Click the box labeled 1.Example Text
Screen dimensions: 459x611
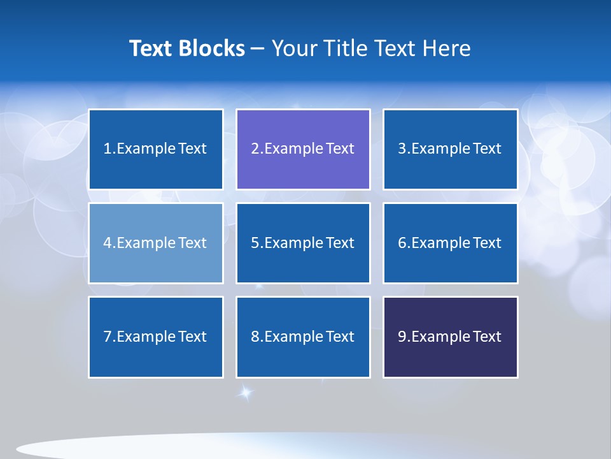tap(156, 149)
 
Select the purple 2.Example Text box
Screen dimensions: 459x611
tap(303, 149)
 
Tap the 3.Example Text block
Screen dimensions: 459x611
tap(450, 149)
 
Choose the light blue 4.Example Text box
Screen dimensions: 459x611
tap(156, 243)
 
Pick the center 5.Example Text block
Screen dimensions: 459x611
tap(303, 243)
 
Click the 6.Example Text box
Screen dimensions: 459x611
tap(450, 243)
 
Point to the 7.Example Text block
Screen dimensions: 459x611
tap(156, 337)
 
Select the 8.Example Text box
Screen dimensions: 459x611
tap(303, 337)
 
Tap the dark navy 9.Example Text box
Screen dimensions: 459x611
tap(450, 337)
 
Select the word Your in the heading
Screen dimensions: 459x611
tap(294, 48)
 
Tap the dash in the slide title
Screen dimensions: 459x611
tap(258, 49)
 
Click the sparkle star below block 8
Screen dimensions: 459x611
tap(245, 393)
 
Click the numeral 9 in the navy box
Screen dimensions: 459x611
tap(402, 337)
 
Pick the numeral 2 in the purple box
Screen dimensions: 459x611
tap(255, 149)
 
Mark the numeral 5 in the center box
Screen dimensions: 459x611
tap(255, 243)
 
